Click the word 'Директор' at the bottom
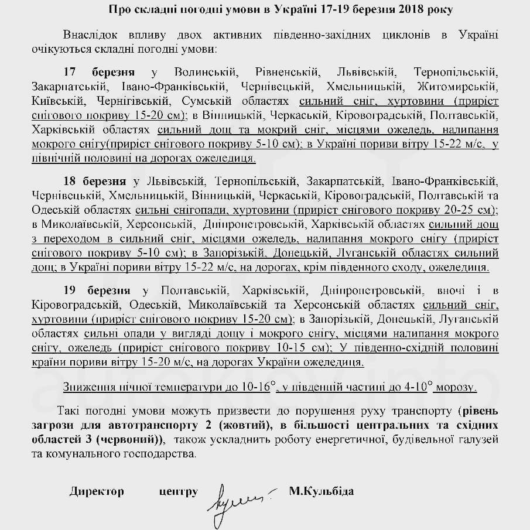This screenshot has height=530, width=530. coord(97,491)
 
